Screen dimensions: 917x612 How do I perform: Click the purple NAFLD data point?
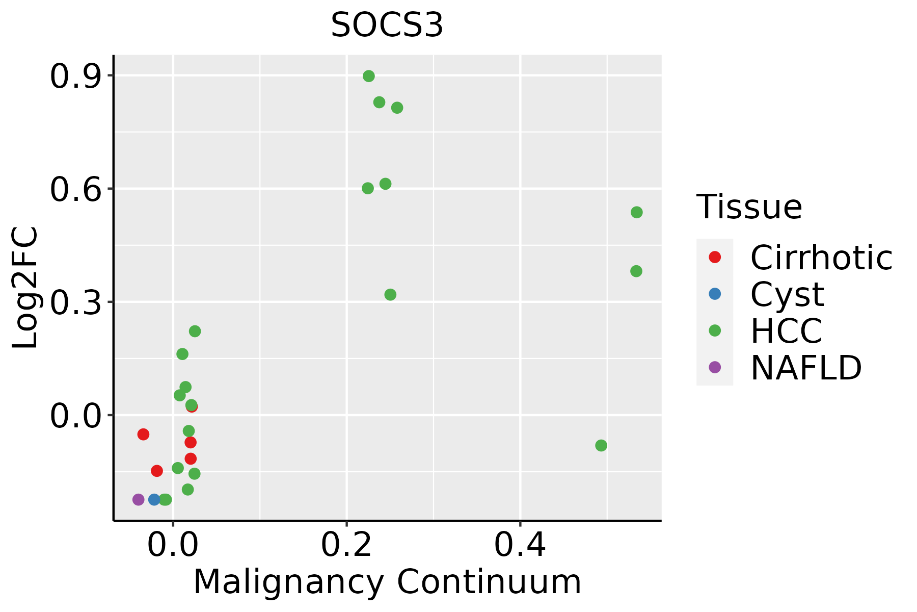coord(139,499)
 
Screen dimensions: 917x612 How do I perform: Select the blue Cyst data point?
coord(154,499)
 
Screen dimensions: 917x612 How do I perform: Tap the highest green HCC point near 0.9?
coord(369,76)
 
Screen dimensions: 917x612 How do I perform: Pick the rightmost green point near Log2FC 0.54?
coord(637,212)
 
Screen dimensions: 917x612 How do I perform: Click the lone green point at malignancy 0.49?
coord(601,445)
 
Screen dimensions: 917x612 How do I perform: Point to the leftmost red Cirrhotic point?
coord(143,434)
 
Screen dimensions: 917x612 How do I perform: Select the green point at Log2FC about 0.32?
coord(390,294)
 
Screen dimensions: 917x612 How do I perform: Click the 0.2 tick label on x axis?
coord(346,545)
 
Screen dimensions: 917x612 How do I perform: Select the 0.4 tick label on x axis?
coord(520,545)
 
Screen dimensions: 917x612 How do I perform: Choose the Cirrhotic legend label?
coord(821,258)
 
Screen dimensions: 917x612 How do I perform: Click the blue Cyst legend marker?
coord(715,294)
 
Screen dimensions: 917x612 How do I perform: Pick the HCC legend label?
coord(787,330)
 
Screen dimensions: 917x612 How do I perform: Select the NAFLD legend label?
coord(806,367)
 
